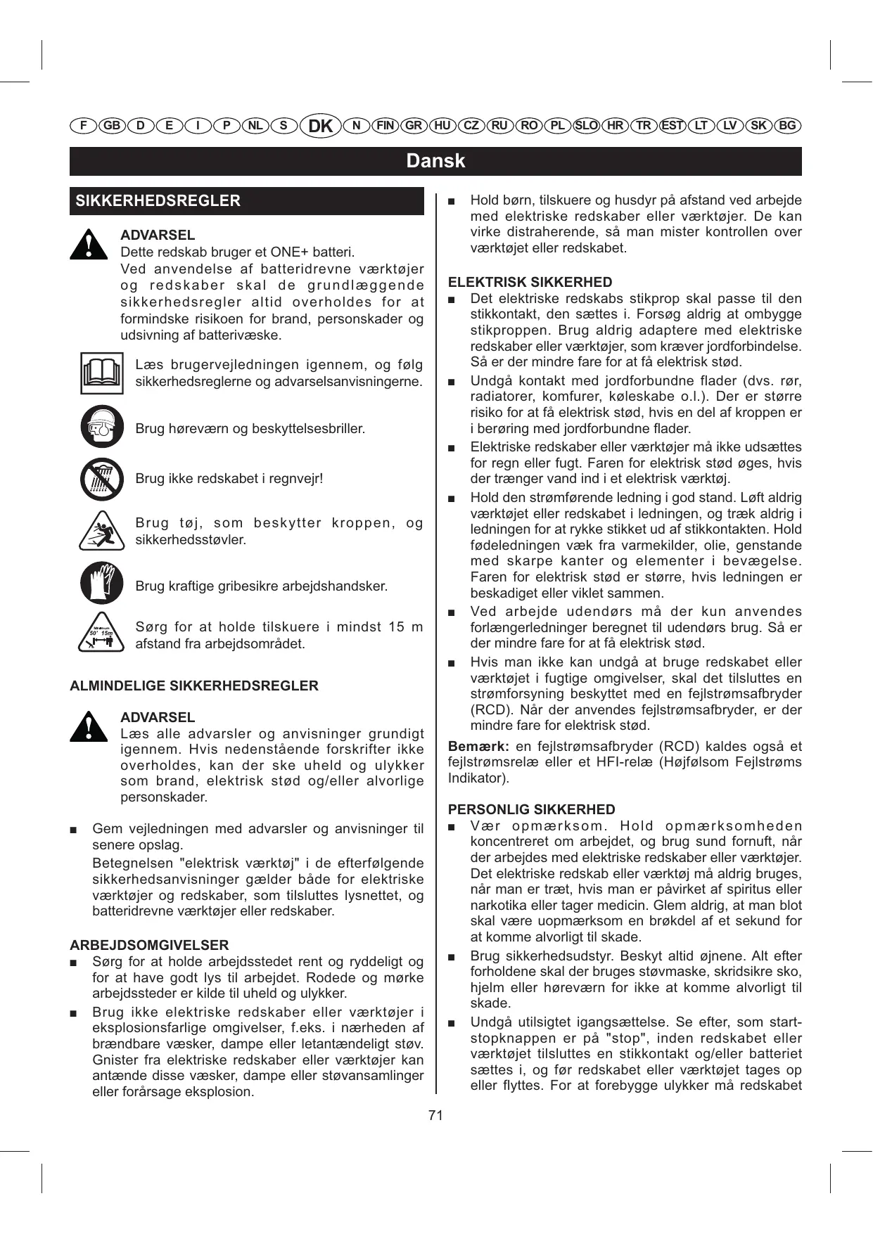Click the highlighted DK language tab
pyautogui.click(x=320, y=126)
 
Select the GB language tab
pyautogui.click(x=112, y=126)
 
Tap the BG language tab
pyautogui.click(x=788, y=126)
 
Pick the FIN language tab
pyautogui.click(x=385, y=126)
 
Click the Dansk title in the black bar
pyautogui.click(x=435, y=161)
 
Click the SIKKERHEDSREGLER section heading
pyautogui.click(x=158, y=201)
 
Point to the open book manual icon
pyautogui.click(x=101, y=374)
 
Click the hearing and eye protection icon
pyautogui.click(x=101, y=427)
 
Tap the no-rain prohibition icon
pyautogui.click(x=101, y=479)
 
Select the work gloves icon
pyautogui.click(x=101, y=584)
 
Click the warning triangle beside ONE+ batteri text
pyautogui.click(x=89, y=245)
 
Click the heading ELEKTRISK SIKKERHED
pyautogui.click(x=530, y=283)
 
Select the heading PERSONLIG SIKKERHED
pyautogui.click(x=531, y=809)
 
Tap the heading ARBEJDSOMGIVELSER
pyautogui.click(x=149, y=945)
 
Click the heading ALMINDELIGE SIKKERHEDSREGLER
pyautogui.click(x=194, y=686)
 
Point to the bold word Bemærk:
pyautogui.click(x=478, y=747)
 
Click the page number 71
pyautogui.click(x=435, y=1115)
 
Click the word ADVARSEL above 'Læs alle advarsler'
pyautogui.click(x=158, y=717)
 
